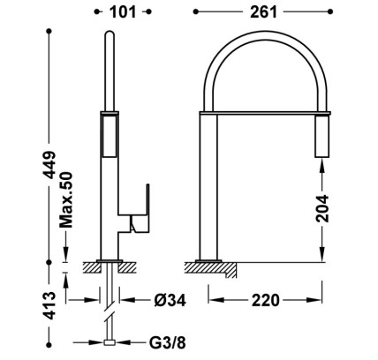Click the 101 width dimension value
pos(123,12)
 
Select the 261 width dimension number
pos(264,12)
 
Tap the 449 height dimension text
pos(49,165)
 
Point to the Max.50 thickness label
pos(66,200)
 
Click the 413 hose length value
pos(49,306)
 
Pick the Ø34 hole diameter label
pos(170,300)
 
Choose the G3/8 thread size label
pos(168,342)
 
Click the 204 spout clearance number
pos(322,208)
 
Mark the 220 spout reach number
pos(265,300)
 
